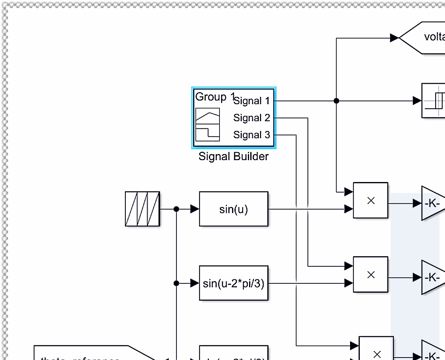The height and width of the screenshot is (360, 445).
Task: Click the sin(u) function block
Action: (x=234, y=209)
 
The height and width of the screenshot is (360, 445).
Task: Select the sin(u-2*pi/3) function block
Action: (x=234, y=283)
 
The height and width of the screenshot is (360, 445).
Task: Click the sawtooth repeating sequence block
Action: (x=142, y=209)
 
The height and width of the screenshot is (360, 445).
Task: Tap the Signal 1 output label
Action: (x=252, y=101)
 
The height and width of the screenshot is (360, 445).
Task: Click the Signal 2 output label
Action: (x=252, y=118)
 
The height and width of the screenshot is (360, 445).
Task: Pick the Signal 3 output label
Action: (x=252, y=135)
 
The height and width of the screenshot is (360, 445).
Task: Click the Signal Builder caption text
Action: (x=233, y=156)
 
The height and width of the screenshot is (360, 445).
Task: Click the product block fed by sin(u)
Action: (x=370, y=200)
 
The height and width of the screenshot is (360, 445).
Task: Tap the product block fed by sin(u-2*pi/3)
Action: (x=370, y=274)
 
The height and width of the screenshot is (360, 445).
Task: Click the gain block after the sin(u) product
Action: (x=432, y=203)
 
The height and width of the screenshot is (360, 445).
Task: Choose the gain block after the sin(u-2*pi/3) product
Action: (x=432, y=277)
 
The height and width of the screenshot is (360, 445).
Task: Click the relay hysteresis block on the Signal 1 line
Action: (x=434, y=101)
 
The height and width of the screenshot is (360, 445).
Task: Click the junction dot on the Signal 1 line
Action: (x=336, y=101)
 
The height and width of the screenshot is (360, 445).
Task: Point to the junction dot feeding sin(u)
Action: (x=176, y=209)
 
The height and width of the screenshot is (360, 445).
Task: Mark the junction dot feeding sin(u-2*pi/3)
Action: (x=176, y=283)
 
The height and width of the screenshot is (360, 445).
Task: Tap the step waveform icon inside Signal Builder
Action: (x=207, y=133)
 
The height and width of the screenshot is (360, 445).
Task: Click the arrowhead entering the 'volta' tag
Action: (x=394, y=38)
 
